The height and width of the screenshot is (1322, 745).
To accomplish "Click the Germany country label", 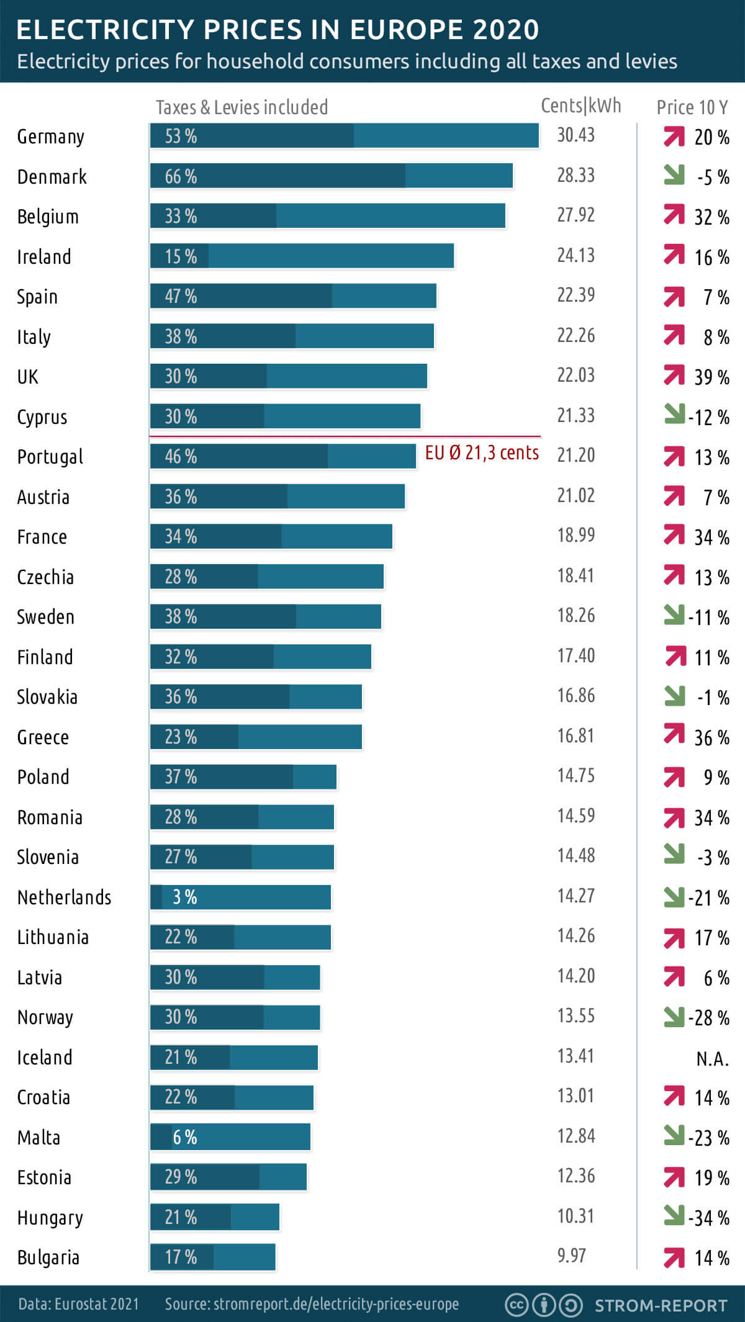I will pyautogui.click(x=50, y=137).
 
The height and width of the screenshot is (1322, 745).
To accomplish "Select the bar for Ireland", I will pyautogui.click(x=302, y=256).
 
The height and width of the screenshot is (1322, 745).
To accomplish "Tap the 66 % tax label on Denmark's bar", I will pyautogui.click(x=181, y=176).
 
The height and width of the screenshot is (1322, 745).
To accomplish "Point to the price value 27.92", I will pyautogui.click(x=576, y=215).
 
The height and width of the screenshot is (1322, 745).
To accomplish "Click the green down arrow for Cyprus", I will pyautogui.click(x=674, y=414).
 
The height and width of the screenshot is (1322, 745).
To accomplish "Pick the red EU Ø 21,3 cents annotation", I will pyautogui.click(x=482, y=453).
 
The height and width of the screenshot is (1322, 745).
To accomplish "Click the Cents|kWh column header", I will pyautogui.click(x=580, y=106).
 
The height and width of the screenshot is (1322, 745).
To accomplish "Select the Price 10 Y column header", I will pyautogui.click(x=692, y=107).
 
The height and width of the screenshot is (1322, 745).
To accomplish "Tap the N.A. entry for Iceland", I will pyautogui.click(x=712, y=1058).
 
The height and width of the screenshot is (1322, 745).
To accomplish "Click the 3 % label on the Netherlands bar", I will pyautogui.click(x=184, y=897).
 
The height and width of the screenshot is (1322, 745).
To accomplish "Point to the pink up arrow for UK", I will pyautogui.click(x=674, y=375).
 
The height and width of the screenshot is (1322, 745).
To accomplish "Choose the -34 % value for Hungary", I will pyautogui.click(x=709, y=1218).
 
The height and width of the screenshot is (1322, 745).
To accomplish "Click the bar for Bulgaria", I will pyautogui.click(x=212, y=1257).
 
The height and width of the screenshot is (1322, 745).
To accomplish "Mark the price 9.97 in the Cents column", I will pyautogui.click(x=571, y=1256).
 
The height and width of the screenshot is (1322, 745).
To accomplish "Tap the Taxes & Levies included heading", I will pyautogui.click(x=242, y=107).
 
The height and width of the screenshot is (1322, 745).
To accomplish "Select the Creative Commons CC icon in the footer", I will pyautogui.click(x=517, y=1305).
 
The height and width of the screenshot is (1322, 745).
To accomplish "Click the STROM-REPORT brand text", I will pyautogui.click(x=661, y=1305).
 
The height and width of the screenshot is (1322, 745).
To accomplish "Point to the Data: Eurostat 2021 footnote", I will pyautogui.click(x=79, y=1304).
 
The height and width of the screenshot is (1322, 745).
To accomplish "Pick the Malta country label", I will pyautogui.click(x=38, y=1138).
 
